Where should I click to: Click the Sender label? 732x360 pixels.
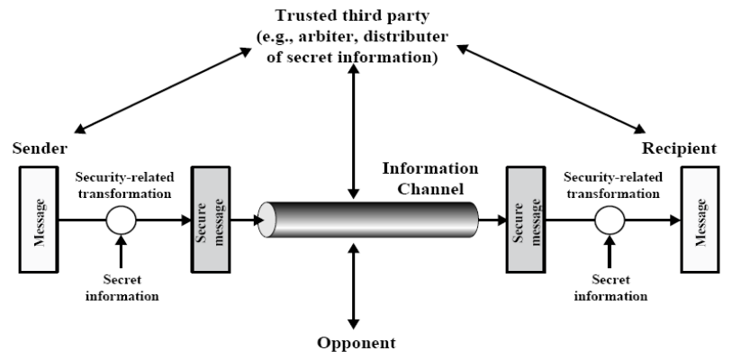(33, 147)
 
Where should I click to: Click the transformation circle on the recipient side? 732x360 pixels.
(608, 218)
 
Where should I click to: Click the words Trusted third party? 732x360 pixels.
(352, 15)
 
